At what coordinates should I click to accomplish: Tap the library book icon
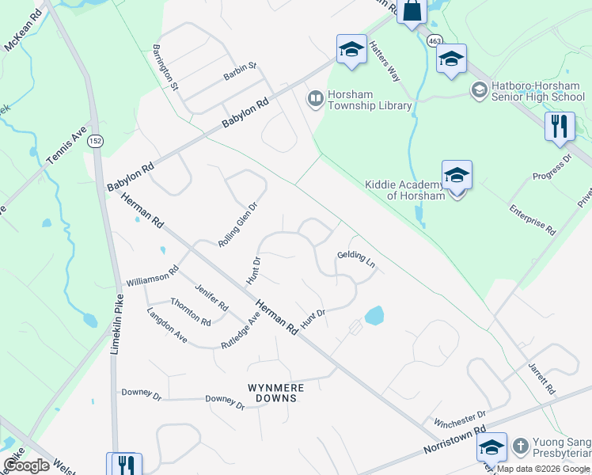coord(315,98)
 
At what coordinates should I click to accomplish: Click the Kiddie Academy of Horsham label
coord(404,190)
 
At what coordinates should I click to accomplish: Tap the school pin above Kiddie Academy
coord(457,174)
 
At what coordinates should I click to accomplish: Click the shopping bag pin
coord(412,11)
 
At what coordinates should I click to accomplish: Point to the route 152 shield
coord(95,141)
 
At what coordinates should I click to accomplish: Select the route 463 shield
coord(434,40)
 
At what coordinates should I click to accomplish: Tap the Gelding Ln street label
coord(355,258)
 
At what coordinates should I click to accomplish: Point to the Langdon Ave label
coord(166,325)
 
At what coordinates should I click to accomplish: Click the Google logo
coord(27,465)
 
